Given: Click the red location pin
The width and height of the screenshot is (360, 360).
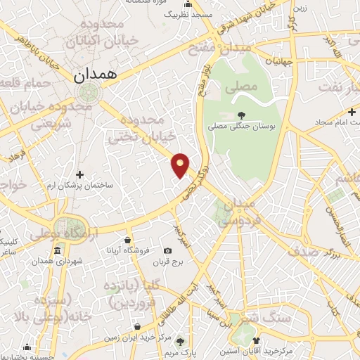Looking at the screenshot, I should click(181, 164).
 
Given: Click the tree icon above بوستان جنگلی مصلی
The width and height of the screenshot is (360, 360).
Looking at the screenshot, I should click(241, 114).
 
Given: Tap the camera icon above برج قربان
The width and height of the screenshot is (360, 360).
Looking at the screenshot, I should click(167, 251).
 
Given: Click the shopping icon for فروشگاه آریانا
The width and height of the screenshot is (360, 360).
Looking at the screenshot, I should click(127, 238).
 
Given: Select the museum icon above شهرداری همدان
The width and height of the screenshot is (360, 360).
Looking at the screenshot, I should click(56, 251).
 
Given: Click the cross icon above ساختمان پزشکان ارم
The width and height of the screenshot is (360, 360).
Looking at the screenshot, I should click(79, 174).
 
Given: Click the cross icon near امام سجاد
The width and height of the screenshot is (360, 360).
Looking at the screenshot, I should click(351, 112).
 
